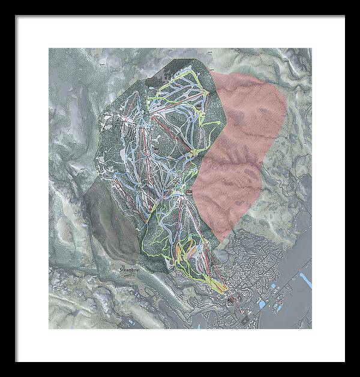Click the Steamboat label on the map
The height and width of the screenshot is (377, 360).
tap(128, 271)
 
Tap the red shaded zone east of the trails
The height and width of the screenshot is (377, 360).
tap(240, 150)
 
